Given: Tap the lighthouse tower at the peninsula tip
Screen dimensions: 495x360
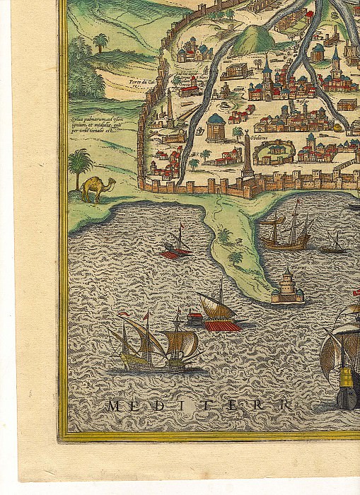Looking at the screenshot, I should (288, 286).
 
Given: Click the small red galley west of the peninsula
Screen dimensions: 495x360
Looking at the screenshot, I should (176, 245).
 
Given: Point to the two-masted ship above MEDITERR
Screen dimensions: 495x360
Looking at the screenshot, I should (152, 344).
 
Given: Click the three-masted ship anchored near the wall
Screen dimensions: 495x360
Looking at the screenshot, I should (286, 230).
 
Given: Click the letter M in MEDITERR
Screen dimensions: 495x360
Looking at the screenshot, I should (114, 405).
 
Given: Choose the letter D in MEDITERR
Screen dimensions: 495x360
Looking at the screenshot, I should (165, 405).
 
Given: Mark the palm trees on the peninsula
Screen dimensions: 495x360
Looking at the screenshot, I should (229, 244).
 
